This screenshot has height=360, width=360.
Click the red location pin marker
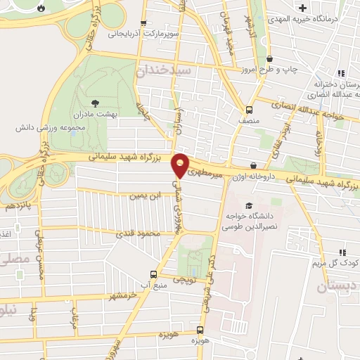tap(181, 165)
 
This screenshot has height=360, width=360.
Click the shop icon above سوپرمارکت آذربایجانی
tap(144, 22)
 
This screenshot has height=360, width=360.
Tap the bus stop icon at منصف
tap(249, 109)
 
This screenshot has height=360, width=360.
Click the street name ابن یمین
tap(140, 196)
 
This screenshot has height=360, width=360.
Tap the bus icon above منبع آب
tap(153, 275)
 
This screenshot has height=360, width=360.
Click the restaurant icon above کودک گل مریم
tap(343, 252)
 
